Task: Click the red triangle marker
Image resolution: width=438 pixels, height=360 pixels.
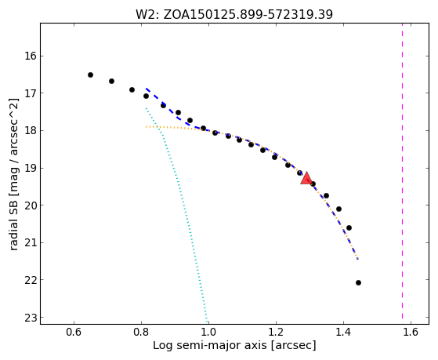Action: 306,178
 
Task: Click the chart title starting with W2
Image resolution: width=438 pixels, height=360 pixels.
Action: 234,15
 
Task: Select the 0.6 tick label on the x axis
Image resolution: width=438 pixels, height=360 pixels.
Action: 74,332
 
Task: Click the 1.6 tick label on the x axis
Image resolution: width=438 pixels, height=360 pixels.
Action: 411,332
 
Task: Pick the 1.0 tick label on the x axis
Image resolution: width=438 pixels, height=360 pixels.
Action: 208,332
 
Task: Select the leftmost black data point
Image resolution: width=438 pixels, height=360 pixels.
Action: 90,75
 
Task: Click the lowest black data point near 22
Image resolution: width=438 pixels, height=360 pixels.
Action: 358,282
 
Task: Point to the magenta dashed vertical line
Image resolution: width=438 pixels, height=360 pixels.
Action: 402,171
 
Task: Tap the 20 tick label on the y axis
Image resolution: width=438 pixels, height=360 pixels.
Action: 31,205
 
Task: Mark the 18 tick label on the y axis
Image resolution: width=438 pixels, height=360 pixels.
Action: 31,131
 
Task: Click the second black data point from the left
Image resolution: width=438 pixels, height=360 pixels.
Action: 111,81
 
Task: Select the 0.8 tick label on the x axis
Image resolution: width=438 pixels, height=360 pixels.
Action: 141,332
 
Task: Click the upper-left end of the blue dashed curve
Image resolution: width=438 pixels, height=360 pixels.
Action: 146,89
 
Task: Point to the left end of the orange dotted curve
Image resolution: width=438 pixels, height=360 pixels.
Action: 146,127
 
